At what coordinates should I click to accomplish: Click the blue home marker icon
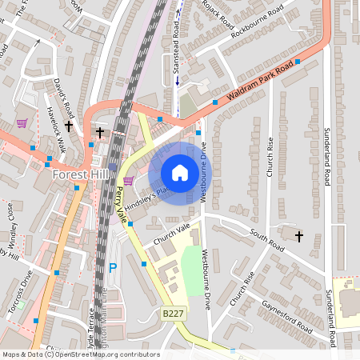(180, 173)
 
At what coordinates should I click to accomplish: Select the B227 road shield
(174, 314)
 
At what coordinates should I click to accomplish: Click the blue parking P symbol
(113, 268)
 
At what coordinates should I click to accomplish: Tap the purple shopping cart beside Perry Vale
(128, 182)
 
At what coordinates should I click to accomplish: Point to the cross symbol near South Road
(299, 236)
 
